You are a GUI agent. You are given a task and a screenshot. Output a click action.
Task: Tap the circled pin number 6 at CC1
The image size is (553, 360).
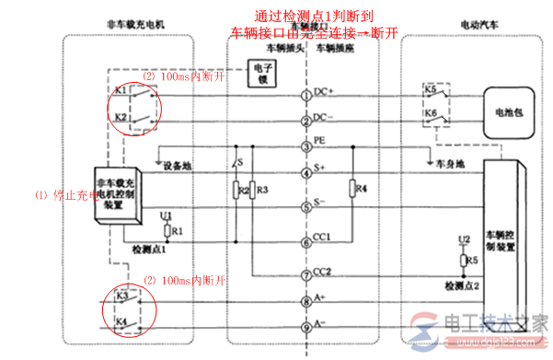pyautogui.click(x=306, y=243)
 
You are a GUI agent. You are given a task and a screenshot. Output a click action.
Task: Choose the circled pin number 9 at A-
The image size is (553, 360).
pyautogui.click(x=306, y=323)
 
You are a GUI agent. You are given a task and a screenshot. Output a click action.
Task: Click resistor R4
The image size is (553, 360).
pyautogui.click(x=353, y=192)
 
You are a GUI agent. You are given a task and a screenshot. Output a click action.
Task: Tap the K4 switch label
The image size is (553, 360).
pyautogui.click(x=121, y=320)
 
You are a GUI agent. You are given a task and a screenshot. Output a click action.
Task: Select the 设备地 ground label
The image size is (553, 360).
pyautogui.click(x=177, y=167)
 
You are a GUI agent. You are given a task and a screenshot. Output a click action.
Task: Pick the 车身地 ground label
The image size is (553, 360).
pyautogui.click(x=441, y=164)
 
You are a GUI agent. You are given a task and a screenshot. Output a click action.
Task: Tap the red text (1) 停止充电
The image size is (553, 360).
pyautogui.click(x=64, y=194)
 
